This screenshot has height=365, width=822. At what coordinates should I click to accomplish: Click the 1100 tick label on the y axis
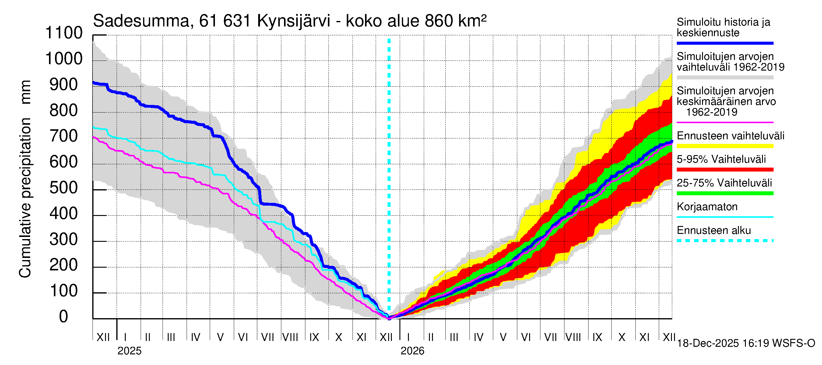[x=64, y=33]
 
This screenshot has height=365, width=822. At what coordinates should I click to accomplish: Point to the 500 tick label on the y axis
[x=64, y=188]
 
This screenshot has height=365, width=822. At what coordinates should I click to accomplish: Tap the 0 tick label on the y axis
[x=64, y=317]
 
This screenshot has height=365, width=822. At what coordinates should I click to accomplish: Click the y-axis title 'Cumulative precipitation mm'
[x=25, y=179]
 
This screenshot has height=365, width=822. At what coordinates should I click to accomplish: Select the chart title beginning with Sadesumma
[x=290, y=21]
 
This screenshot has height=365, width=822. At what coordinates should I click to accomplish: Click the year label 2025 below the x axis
[x=129, y=351]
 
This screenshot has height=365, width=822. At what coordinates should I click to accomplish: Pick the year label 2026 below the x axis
[x=412, y=351]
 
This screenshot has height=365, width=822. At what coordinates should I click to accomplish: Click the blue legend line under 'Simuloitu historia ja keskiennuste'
[x=725, y=43]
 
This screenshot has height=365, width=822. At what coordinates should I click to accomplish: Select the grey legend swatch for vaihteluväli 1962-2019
[x=725, y=78]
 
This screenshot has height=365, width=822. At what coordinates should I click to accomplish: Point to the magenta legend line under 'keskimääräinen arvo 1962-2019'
[x=725, y=122]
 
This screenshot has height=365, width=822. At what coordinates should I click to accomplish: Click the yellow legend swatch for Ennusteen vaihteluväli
[x=725, y=146]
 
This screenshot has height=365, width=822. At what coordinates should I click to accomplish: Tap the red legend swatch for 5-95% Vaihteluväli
[x=725, y=170]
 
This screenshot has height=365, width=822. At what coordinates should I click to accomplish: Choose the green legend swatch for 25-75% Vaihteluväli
[x=725, y=193]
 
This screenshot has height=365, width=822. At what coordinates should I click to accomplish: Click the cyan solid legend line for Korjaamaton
[x=725, y=217]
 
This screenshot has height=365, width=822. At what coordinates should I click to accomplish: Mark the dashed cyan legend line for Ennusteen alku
[x=725, y=241]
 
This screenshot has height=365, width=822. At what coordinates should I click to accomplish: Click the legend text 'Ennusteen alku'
[x=714, y=231]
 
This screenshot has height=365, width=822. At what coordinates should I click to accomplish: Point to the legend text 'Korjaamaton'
[x=707, y=207]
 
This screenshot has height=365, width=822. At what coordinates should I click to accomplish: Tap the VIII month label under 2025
[x=290, y=337]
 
